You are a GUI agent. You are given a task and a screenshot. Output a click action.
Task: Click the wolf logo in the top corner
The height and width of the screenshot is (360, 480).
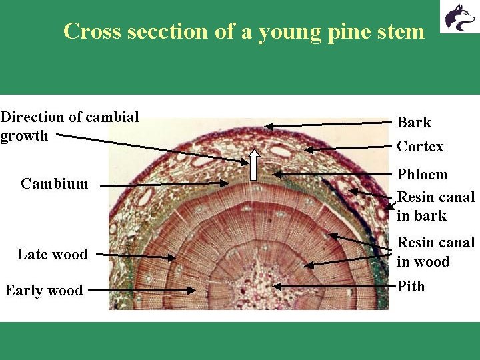click(458, 17)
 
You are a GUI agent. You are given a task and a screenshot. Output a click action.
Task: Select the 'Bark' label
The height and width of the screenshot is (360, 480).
click(414, 123)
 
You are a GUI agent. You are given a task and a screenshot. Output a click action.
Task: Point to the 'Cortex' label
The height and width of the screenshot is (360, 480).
click(420, 147)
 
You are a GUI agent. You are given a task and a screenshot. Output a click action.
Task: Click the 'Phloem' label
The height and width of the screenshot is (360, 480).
click(422, 175)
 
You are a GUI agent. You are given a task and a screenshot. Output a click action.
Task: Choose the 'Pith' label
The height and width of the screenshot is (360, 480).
click(411, 287)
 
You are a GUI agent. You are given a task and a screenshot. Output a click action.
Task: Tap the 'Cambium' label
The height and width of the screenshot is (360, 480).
click(54, 184)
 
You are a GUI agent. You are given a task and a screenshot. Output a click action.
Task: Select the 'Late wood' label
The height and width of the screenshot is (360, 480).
click(52, 255)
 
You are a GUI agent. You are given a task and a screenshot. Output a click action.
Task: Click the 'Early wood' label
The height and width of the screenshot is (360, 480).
click(44, 291)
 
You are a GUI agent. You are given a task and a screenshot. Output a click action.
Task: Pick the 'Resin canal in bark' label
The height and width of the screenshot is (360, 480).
click(436, 207)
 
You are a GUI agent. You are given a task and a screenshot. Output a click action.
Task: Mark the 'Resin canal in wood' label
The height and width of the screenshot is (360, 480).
click(436, 252)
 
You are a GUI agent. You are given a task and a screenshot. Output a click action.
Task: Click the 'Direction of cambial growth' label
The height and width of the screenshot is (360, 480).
click(69, 127)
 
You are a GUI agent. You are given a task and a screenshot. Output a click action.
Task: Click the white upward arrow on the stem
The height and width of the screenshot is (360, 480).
click(253, 165)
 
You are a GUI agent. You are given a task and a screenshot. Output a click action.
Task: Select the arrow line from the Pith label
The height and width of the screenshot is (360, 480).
click(333, 285)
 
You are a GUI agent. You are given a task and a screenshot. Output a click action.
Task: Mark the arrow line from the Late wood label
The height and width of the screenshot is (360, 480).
click(133, 255)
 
